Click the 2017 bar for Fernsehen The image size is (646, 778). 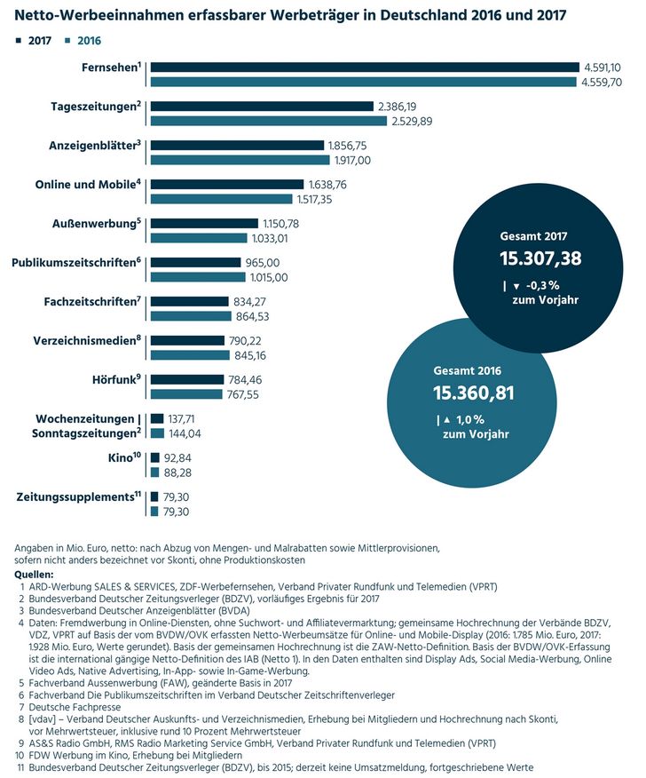click(365, 67)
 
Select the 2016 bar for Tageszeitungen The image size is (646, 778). click(269, 121)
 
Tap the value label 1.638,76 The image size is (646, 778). click(327, 185)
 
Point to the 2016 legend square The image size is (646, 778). click(67, 41)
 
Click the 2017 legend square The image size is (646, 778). click(19, 41)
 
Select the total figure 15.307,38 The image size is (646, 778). click(540, 258)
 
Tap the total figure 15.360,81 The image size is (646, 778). click(474, 393)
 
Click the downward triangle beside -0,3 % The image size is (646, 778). click(516, 286)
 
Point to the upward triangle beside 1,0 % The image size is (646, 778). click(447, 420)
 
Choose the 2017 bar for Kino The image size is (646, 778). click(155, 458)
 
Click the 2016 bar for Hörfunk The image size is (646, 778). click(186, 394)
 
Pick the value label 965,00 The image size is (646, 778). click(263, 263)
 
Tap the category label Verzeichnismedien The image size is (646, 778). click(87, 341)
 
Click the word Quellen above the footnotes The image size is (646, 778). click(34, 575)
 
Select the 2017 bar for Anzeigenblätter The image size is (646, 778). click(238, 146)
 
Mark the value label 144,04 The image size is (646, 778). click(185, 433)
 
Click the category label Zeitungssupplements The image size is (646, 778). click(79, 497)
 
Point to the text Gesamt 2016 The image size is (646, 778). click(467, 371)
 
